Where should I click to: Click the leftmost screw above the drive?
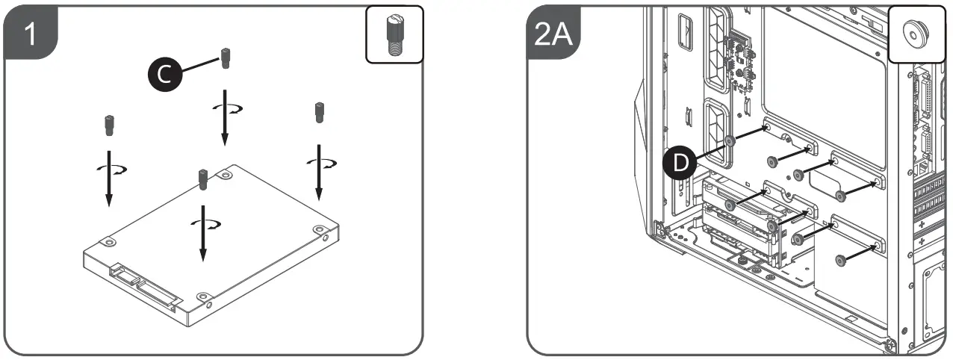[108, 125]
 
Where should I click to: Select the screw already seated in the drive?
[201, 179]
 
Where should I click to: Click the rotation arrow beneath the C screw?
[224, 109]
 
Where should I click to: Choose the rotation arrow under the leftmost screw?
[109, 168]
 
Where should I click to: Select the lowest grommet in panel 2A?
[841, 259]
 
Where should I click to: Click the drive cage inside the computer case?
[747, 224]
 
